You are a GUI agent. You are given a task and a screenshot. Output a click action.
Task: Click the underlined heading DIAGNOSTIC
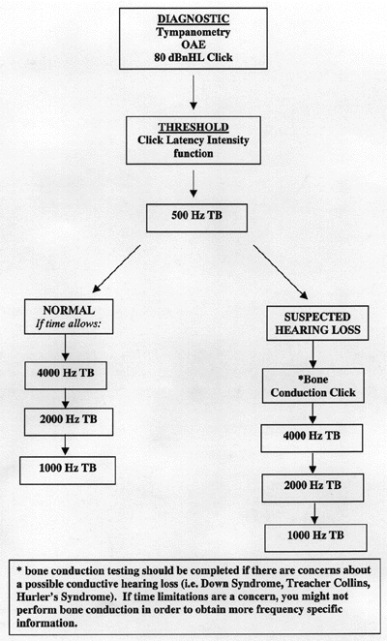(193, 18)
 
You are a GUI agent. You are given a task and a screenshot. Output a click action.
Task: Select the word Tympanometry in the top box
(193, 32)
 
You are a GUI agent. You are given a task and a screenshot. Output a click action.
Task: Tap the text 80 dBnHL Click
(193, 57)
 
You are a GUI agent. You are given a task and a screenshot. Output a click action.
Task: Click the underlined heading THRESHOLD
(193, 127)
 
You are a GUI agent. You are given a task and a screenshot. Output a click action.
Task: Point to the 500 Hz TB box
(196, 218)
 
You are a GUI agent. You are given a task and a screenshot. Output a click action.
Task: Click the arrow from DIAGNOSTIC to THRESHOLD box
(193, 92)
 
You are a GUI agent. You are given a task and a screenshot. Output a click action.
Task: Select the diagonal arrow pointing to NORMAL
(116, 269)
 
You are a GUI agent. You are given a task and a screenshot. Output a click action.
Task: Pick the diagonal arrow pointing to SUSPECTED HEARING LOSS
(281, 272)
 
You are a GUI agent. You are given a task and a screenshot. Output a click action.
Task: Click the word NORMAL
(69, 310)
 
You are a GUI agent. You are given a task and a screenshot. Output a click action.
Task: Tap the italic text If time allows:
(69, 324)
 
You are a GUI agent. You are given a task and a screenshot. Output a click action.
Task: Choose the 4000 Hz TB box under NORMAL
(66, 376)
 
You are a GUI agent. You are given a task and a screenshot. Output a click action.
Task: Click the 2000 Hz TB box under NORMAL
(69, 421)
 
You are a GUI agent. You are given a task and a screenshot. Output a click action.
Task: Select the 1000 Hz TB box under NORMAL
(68, 471)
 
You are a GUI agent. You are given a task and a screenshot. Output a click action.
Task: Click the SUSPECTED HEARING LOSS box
(317, 323)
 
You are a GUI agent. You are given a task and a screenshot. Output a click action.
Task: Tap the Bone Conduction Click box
(313, 386)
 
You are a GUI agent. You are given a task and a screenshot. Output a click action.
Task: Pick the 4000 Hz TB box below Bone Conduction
(312, 439)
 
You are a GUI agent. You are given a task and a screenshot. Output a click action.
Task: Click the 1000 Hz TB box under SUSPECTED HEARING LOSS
(315, 538)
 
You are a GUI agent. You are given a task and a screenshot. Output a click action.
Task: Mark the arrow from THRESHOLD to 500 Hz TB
(193, 184)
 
